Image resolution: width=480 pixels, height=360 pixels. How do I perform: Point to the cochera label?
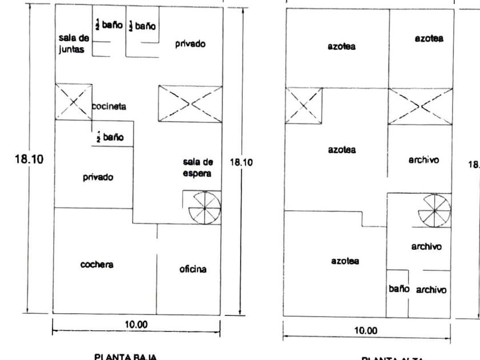(97, 265)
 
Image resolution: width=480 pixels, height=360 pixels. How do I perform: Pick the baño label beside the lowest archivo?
(399, 289)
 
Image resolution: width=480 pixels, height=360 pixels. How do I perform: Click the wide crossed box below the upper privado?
(190, 103)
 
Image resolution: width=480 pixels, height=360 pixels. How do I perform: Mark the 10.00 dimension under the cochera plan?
(136, 325)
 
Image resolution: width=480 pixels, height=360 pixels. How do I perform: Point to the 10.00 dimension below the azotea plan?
(366, 330)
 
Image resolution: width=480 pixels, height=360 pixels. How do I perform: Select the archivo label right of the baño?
(431, 290)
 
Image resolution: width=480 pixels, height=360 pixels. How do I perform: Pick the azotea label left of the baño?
(345, 261)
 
